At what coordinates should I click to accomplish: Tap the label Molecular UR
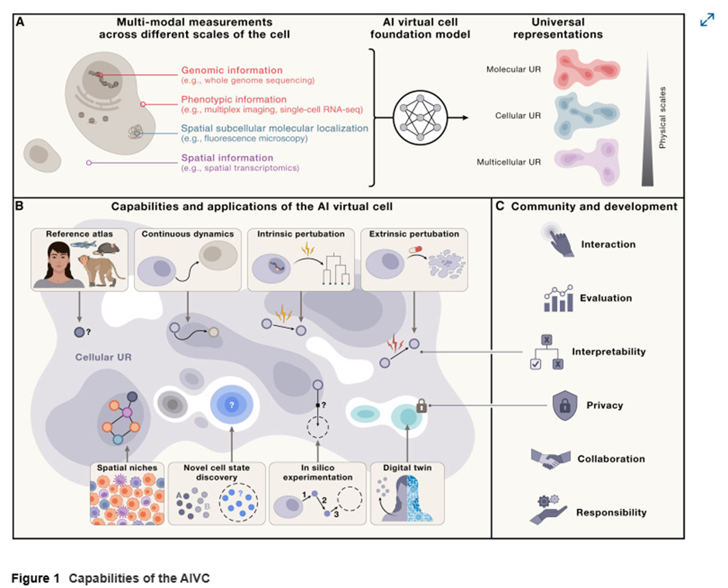click(x=513, y=70)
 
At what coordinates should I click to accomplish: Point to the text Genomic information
click(x=232, y=70)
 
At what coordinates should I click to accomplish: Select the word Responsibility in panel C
click(x=612, y=512)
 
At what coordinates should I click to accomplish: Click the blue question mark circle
click(x=230, y=405)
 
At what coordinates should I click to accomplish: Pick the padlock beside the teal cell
click(x=421, y=405)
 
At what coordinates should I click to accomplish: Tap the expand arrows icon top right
click(x=706, y=21)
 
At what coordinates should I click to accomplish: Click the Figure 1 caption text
click(x=110, y=578)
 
